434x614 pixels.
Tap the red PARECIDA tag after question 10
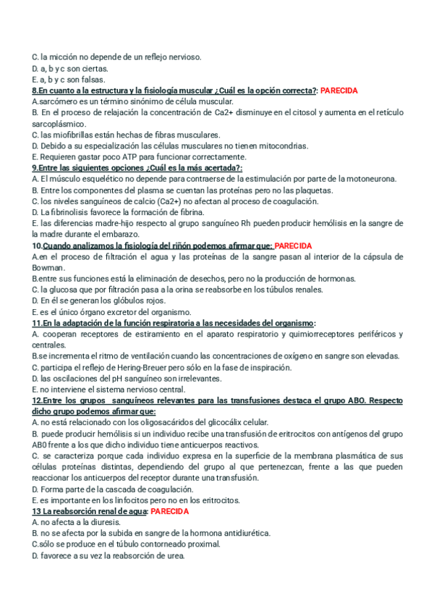pyautogui.click(x=294, y=245)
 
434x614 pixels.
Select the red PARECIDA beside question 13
pyautogui.click(x=169, y=511)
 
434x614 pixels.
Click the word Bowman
pyautogui.click(x=49, y=268)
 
